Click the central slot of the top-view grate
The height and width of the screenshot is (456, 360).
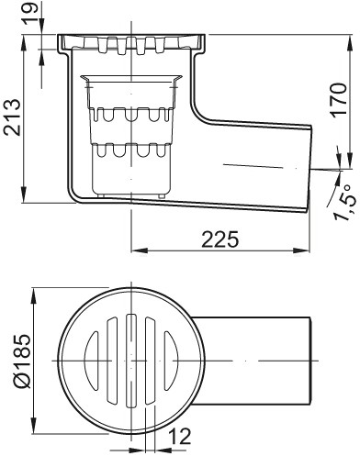pos(133,360)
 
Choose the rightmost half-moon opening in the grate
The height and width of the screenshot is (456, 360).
pos(175,360)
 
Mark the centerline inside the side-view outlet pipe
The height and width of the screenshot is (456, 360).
pos(248,165)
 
